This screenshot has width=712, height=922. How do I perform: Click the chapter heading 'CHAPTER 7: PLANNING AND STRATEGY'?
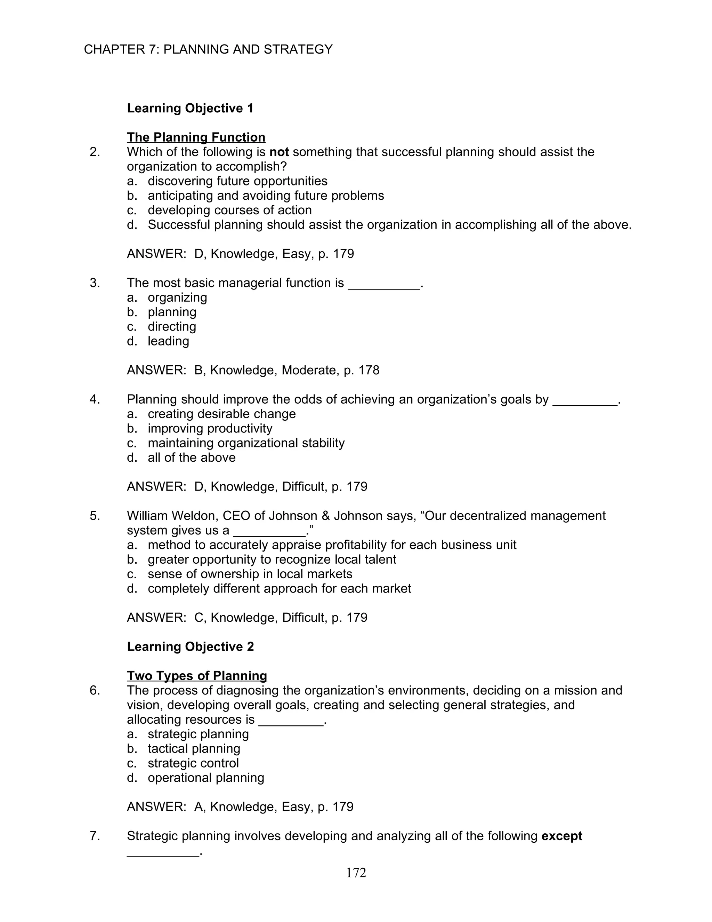pyautogui.click(x=208, y=50)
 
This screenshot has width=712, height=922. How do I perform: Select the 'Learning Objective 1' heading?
pyautogui.click(x=190, y=109)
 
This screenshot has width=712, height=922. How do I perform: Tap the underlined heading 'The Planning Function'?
pyautogui.click(x=196, y=138)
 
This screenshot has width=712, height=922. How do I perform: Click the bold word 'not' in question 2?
pyautogui.click(x=279, y=152)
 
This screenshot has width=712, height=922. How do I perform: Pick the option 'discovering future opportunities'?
pyautogui.click(x=237, y=181)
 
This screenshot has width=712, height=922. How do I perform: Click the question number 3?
pyautogui.click(x=95, y=283)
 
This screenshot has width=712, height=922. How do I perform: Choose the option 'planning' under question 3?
pyautogui.click(x=172, y=312)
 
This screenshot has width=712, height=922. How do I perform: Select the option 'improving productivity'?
pyautogui.click(x=210, y=429)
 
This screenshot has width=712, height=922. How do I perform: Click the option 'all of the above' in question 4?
pyautogui.click(x=191, y=458)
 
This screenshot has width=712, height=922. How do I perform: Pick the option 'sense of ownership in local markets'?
pyautogui.click(x=250, y=574)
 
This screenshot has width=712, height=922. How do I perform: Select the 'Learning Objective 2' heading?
pyautogui.click(x=190, y=647)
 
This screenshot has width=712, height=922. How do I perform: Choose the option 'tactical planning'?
pyautogui.click(x=194, y=748)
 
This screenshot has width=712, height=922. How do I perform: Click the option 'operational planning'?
pyautogui.click(x=205, y=778)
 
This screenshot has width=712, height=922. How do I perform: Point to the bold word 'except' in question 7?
pyautogui.click(x=561, y=836)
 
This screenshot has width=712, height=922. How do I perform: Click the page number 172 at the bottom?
pyautogui.click(x=356, y=873)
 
